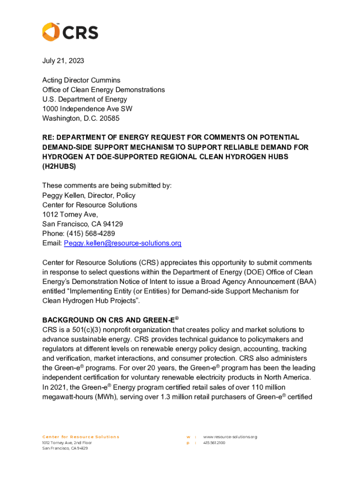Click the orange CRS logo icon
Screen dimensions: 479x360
(50, 32)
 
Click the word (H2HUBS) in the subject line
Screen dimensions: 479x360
(58, 166)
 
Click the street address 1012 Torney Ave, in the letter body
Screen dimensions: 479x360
(70, 214)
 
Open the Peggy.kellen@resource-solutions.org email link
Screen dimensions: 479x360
(122, 243)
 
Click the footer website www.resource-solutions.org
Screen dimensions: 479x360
(230, 437)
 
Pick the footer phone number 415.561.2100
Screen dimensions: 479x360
(214, 443)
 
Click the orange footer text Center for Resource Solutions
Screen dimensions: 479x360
(81, 437)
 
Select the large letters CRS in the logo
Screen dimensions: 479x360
(80, 32)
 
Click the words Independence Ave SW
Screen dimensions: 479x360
(95, 109)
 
